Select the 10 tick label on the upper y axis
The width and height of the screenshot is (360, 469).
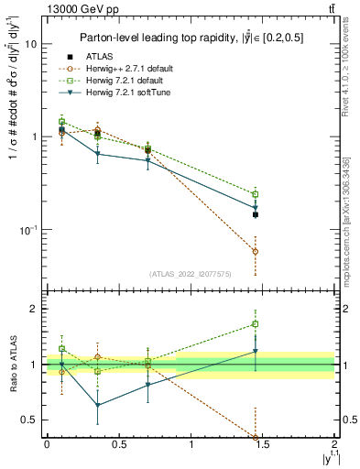29,44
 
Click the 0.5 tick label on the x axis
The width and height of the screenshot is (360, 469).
118,444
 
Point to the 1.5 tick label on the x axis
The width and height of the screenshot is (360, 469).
263,444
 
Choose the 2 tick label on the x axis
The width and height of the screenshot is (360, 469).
335,444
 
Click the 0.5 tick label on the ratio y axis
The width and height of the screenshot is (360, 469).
29,420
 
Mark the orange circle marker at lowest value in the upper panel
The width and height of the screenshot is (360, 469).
256,251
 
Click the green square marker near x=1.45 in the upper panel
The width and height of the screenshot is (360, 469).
256,194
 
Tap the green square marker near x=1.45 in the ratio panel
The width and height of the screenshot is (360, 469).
256,323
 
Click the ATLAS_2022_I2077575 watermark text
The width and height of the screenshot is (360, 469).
189,273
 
